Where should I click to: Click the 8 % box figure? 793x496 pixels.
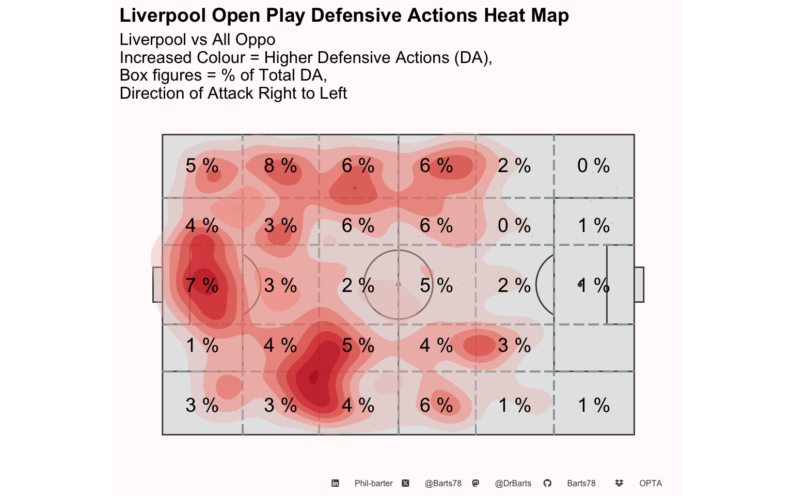point(280,165)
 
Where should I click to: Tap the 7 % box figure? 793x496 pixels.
point(202,285)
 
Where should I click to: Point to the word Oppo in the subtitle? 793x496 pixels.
point(255,39)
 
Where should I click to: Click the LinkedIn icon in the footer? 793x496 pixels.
point(335,483)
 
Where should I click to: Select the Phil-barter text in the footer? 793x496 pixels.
point(373,483)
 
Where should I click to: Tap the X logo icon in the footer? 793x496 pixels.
point(406,483)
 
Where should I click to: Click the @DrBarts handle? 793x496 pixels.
point(513,483)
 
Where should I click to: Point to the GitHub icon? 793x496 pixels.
point(547,483)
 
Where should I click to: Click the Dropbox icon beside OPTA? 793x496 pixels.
point(619,483)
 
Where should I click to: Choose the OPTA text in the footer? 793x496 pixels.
point(651,483)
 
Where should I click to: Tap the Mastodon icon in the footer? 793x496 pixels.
point(476,483)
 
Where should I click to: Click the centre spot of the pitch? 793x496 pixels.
point(398,285)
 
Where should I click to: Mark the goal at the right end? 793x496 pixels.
point(639,285)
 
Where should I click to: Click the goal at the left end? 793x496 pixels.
point(157,285)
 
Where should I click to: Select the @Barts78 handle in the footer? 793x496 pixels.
point(443,483)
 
